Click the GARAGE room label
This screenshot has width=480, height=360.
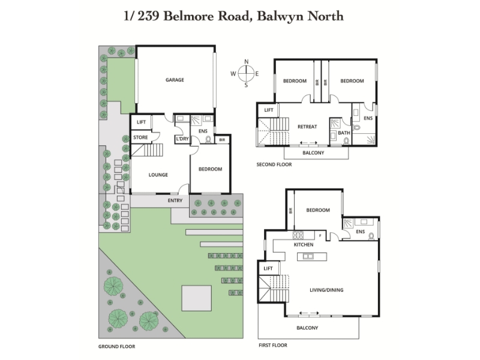(x=175, y=80)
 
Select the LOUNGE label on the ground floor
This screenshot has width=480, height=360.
(x=158, y=175)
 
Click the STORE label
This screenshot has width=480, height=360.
(x=140, y=137)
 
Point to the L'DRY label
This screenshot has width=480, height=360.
(x=181, y=139)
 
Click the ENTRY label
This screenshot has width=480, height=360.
(x=175, y=200)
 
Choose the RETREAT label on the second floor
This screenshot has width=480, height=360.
(x=307, y=126)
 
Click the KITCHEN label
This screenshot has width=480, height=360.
(x=304, y=245)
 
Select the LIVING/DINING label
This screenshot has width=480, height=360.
(x=326, y=290)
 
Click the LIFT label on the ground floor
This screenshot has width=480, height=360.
(x=142, y=122)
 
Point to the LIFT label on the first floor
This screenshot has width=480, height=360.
(x=268, y=268)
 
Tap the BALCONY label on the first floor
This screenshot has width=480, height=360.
(x=307, y=328)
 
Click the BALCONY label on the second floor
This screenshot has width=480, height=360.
(x=313, y=152)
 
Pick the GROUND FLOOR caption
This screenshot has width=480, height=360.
(x=116, y=346)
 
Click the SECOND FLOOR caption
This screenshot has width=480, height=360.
(x=274, y=164)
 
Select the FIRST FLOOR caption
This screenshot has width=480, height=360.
(x=273, y=346)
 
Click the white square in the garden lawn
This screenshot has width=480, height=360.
(x=196, y=297)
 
